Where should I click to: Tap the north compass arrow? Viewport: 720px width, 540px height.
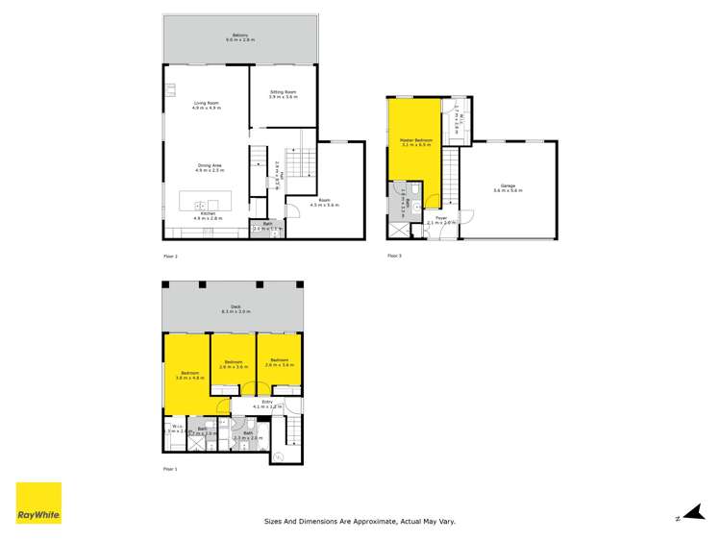(690, 515)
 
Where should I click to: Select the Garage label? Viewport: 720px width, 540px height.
(507, 188)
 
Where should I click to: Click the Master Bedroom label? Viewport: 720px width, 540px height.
(416, 142)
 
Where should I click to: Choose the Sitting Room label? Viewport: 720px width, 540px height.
(283, 94)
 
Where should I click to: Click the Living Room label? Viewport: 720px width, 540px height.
(208, 105)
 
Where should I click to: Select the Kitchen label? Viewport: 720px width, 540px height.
(208, 217)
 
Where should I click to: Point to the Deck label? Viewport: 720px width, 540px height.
(236, 309)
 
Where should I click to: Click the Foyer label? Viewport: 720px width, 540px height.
(441, 220)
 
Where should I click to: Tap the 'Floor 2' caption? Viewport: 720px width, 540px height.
(171, 257)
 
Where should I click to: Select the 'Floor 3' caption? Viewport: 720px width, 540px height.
(394, 256)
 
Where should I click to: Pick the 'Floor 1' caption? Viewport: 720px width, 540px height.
(171, 468)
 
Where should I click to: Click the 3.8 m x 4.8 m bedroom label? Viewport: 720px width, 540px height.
(187, 376)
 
